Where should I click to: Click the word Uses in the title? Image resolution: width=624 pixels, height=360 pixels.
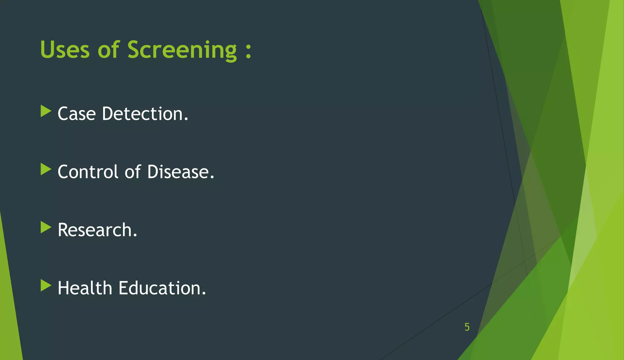pos(65,49)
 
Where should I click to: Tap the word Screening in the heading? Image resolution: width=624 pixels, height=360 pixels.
pos(182,50)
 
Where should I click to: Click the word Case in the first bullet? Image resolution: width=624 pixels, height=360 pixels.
pos(77,114)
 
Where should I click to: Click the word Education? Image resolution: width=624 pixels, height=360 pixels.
pos(160,288)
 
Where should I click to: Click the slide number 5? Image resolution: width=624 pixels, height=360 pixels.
pos(467,327)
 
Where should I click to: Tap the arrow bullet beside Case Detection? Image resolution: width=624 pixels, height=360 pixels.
pos(46,111)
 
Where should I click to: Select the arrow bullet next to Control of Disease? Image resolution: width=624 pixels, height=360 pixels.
pos(46,169)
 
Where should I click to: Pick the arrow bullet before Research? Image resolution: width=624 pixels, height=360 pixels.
pos(46,228)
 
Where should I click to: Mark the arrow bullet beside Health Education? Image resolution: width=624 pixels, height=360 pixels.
pos(46,286)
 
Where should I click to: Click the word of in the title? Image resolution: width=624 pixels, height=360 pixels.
pos(108,49)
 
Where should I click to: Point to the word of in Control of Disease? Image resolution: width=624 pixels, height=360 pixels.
pos(133,172)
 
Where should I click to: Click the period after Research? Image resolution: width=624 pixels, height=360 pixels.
pos(135,236)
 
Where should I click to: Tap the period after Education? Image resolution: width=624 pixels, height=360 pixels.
pos(204,294)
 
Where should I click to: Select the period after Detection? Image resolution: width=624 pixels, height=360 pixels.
pos(186,120)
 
